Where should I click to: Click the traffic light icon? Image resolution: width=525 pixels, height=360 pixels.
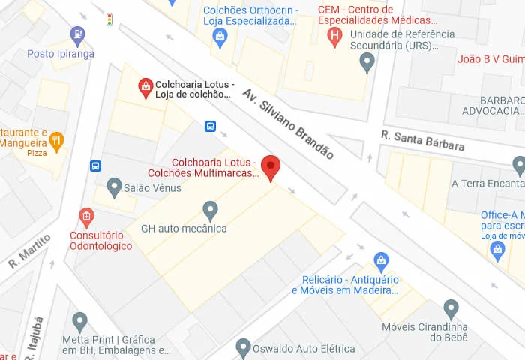(109, 19)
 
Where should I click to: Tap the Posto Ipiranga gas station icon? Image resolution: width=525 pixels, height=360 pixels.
(77, 34)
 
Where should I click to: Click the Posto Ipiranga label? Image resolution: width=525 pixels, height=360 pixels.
(61, 54)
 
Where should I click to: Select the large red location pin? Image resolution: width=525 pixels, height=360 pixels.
(270, 168)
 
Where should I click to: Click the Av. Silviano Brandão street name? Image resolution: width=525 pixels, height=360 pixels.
(288, 123)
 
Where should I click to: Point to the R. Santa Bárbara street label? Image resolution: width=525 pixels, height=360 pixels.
(422, 140)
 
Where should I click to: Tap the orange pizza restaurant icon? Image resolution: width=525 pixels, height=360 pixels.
(56, 140)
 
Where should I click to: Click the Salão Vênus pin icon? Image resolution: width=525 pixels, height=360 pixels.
(114, 186)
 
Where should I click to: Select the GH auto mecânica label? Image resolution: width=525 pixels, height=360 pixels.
(184, 228)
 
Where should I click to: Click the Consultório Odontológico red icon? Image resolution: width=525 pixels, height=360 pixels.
(87, 218)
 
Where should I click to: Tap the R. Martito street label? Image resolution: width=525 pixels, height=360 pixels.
(29, 251)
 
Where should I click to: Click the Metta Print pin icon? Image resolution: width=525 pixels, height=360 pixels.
(80, 322)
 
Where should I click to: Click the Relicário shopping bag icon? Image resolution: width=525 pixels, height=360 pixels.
(381, 262)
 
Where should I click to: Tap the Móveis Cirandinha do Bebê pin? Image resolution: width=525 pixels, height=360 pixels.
(451, 308)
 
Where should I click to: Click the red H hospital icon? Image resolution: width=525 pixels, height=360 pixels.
(334, 34)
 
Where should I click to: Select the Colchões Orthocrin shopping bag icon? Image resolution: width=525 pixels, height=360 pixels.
(220, 36)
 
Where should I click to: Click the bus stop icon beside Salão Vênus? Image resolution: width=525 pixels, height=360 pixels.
(95, 166)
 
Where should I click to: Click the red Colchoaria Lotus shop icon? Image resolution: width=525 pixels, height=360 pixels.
(145, 88)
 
